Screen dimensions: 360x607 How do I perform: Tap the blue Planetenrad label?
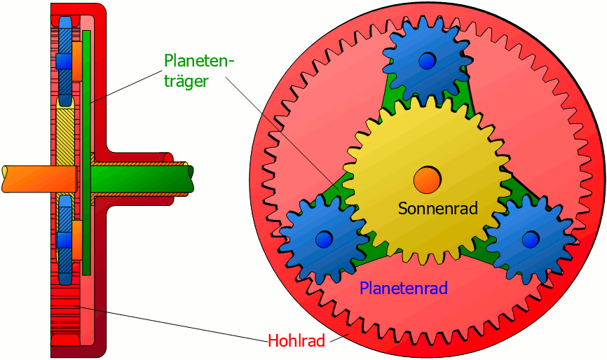click(x=403, y=287)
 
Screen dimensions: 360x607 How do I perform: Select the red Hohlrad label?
click(x=296, y=341)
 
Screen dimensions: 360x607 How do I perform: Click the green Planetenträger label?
click(x=198, y=71)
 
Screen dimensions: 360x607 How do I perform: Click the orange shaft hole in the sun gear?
click(x=426, y=180)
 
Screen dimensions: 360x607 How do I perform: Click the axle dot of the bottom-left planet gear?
click(x=323, y=240)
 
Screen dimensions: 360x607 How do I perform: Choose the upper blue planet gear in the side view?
click(x=64, y=60)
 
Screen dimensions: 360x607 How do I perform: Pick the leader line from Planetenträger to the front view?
click(x=280, y=130)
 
